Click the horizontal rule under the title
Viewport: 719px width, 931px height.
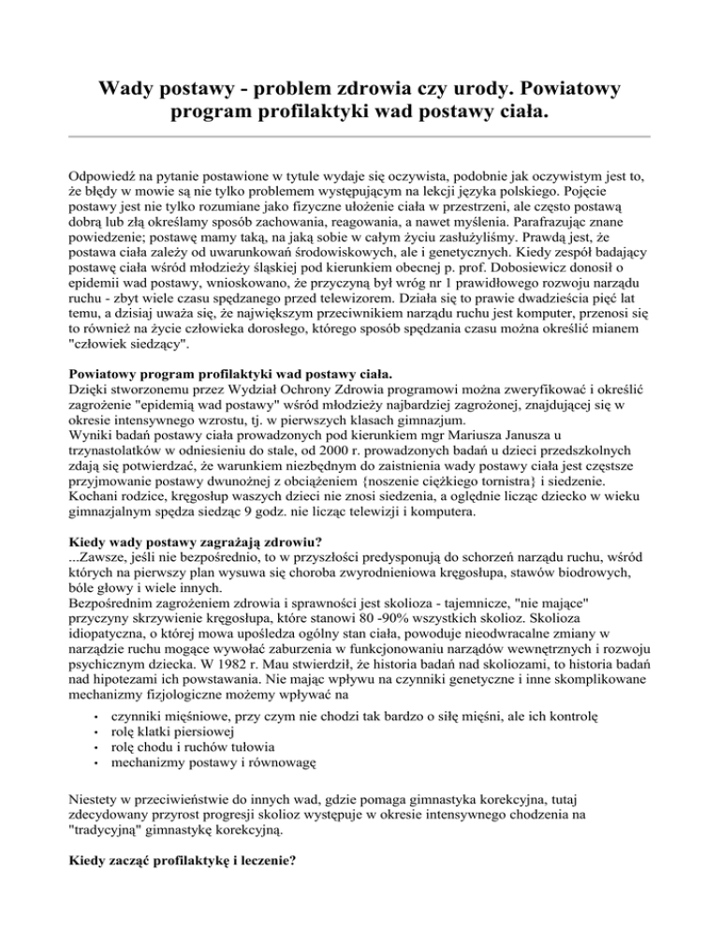(x=359, y=136)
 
